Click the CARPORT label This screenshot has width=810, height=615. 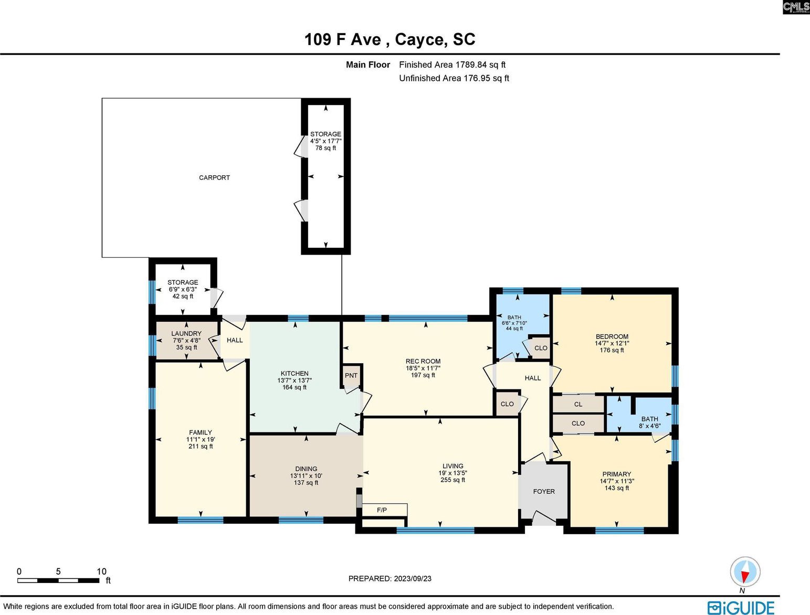coord(214,178)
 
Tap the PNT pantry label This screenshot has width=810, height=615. coord(351,375)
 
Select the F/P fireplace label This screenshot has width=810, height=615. coord(382,510)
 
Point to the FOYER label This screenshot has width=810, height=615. coord(544,492)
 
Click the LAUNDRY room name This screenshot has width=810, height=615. coord(186,333)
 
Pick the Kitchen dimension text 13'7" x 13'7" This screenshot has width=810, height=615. coord(294,380)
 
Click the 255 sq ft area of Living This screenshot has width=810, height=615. coord(453,480)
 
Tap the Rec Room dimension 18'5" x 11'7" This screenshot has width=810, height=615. coord(423,368)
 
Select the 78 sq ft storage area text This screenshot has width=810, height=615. coord(325,148)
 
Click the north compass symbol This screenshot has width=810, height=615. coord(745,571)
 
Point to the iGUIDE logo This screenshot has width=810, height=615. coord(741,607)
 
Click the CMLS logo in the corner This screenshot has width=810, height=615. coord(796,7)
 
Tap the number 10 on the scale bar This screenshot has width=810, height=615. coord(101,571)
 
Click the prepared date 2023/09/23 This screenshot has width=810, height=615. coord(412,578)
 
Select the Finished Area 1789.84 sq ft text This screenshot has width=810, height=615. coord(452,65)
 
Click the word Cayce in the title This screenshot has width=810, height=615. coord(419,39)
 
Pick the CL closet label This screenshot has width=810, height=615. coord(578,405)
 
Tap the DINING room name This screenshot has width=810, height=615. coord(306,469)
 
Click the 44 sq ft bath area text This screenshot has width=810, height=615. coord(514,328)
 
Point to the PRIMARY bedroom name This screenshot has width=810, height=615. coord(617,474)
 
